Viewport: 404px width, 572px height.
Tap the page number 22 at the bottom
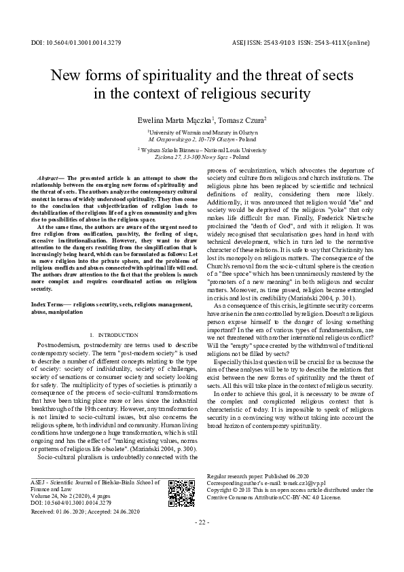[x=202, y=541]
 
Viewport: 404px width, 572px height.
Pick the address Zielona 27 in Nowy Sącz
[x=201, y=156]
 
